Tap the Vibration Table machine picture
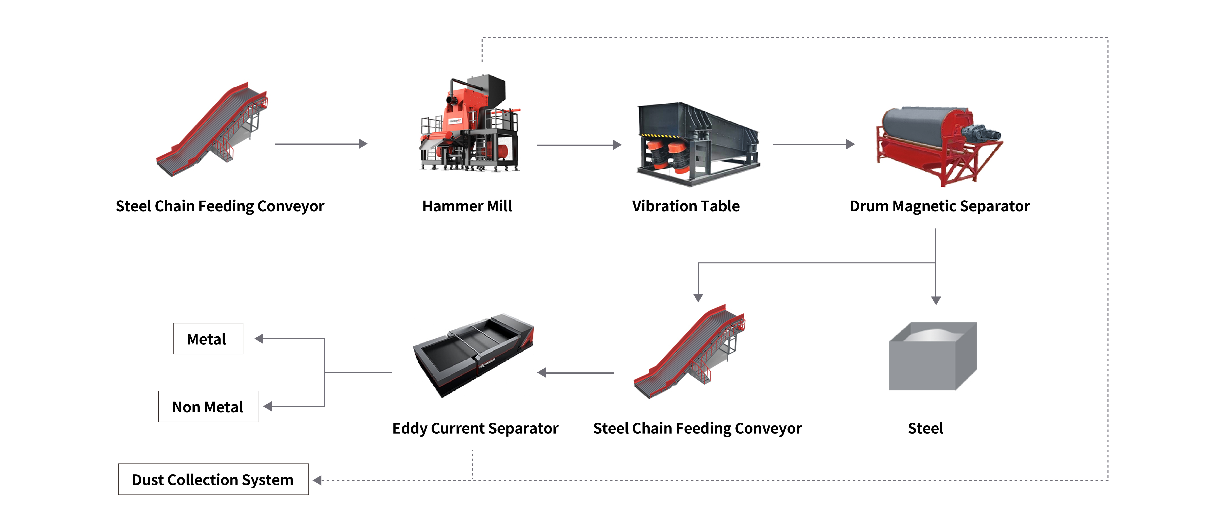[697, 144]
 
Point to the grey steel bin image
[932, 356]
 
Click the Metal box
[208, 339]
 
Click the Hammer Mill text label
[467, 206]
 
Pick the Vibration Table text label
[686, 206]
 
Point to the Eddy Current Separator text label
[475, 428]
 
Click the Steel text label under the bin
[925, 428]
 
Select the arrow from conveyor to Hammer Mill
[320, 144]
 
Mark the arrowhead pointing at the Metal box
[259, 339]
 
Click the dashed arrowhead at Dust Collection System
[317, 480]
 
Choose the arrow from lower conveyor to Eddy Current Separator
[575, 373]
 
